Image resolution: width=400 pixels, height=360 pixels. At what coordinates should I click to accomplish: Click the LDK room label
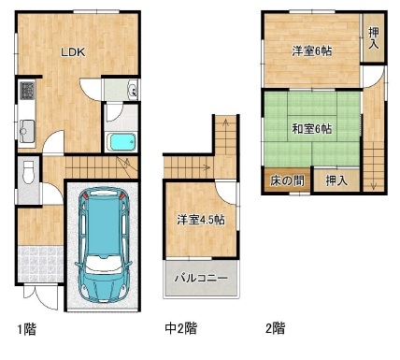73,52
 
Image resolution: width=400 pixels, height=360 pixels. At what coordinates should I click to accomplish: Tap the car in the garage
103,245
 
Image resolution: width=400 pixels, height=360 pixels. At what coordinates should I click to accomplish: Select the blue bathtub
121,141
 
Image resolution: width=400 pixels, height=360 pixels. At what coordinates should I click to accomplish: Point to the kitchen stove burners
27,90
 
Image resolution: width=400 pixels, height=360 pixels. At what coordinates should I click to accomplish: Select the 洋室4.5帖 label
201,220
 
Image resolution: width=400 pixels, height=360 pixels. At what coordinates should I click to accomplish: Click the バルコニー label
201,278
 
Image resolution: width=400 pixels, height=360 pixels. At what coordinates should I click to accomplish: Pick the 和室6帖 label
312,128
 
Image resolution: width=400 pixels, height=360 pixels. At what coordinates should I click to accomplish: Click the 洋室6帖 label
312,51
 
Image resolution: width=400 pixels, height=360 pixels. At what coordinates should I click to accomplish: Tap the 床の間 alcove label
287,180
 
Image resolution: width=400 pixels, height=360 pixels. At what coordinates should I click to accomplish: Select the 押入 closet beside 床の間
336,180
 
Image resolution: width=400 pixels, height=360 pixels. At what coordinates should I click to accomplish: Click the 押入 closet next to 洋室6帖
374,37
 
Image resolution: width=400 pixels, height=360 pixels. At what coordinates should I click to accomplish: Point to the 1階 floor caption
26,329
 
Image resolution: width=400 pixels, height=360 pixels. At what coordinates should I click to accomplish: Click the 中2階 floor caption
180,328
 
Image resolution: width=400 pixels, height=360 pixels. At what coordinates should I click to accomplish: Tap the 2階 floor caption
276,328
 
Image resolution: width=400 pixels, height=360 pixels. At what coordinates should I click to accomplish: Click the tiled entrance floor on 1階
40,265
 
